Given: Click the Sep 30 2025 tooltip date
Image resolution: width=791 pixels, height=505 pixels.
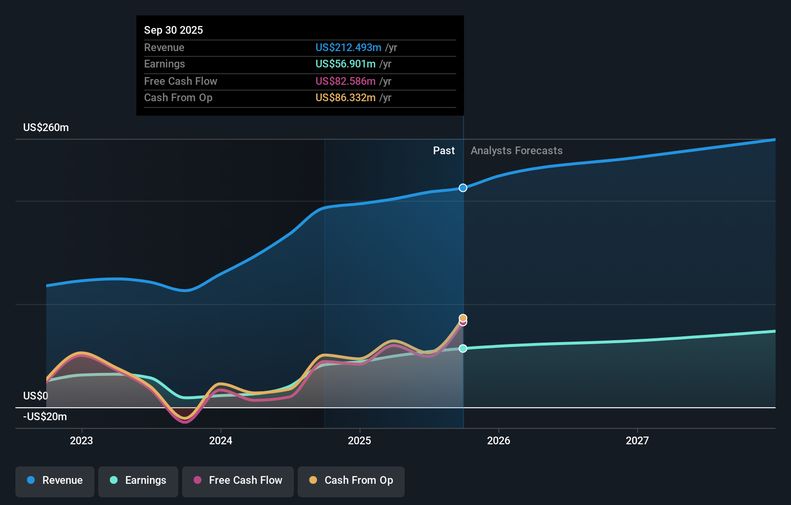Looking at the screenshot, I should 173,30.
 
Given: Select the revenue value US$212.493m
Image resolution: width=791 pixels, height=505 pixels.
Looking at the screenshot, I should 348,47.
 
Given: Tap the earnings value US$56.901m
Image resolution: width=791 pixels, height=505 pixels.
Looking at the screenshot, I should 345,64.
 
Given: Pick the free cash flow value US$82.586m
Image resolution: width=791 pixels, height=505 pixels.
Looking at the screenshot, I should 345,81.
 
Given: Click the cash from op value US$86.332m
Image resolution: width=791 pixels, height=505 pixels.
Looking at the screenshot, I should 345,97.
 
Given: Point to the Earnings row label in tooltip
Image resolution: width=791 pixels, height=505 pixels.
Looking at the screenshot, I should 164,64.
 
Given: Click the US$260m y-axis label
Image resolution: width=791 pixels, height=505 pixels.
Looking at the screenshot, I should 46,127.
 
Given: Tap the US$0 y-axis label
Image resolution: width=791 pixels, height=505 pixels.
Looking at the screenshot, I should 36,396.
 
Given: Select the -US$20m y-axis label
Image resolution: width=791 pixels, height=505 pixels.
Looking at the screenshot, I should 45,416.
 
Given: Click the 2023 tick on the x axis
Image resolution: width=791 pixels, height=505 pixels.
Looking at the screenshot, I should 81,440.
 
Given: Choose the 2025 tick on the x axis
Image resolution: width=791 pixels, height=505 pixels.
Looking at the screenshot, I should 359,440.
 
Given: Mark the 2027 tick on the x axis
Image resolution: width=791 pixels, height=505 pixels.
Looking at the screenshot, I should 637,440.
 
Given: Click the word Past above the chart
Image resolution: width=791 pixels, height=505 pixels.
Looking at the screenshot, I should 444,150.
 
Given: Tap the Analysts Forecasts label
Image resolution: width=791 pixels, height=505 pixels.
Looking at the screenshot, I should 516,150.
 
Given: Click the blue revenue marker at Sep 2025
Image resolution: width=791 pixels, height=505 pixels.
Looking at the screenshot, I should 463,188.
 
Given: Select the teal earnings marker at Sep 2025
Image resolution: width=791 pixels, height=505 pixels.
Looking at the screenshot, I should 463,348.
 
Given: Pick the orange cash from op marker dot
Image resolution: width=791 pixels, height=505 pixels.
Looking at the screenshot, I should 463,318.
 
